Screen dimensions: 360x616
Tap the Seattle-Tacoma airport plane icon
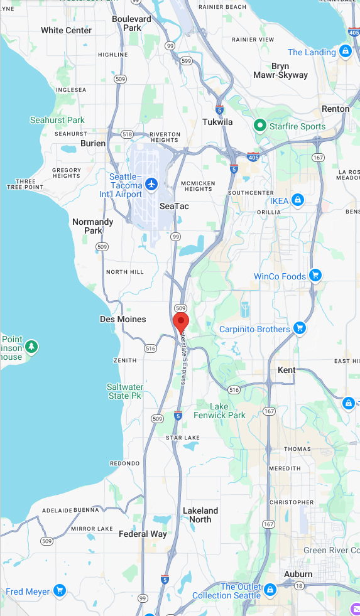click(x=151, y=184)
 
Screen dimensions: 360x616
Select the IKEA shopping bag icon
click(x=298, y=200)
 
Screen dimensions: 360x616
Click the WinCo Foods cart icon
click(x=315, y=275)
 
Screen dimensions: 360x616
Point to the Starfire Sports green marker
click(x=259, y=126)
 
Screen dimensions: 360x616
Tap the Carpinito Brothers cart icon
click(x=300, y=328)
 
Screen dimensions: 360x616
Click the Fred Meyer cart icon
click(x=60, y=590)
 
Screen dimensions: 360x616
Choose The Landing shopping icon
click(x=345, y=51)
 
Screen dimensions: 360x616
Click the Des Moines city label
click(x=123, y=319)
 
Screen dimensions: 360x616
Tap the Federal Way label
click(x=143, y=534)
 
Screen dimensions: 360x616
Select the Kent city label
click(x=286, y=370)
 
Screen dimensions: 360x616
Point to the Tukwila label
click(x=217, y=122)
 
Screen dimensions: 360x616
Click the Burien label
click(x=93, y=143)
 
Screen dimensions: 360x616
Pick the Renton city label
click(x=335, y=109)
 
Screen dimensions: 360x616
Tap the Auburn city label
click(x=298, y=574)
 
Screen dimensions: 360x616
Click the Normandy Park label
click(x=93, y=226)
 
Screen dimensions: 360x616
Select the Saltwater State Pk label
click(x=125, y=391)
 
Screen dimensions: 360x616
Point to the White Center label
click(x=66, y=30)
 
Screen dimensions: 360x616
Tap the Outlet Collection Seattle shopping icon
click(x=270, y=590)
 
